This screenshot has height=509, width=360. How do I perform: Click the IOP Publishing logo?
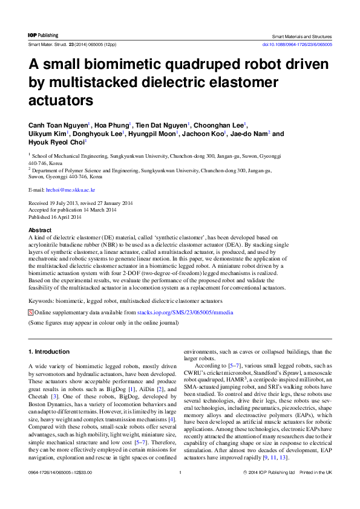point(44,36)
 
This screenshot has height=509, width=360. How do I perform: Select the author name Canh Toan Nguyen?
point(58,125)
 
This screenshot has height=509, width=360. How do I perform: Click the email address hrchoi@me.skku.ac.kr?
point(66,190)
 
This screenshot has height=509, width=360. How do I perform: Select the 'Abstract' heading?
point(41,230)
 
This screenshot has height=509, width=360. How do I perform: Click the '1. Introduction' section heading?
point(49,351)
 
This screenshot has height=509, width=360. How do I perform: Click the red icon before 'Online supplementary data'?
point(31,313)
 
